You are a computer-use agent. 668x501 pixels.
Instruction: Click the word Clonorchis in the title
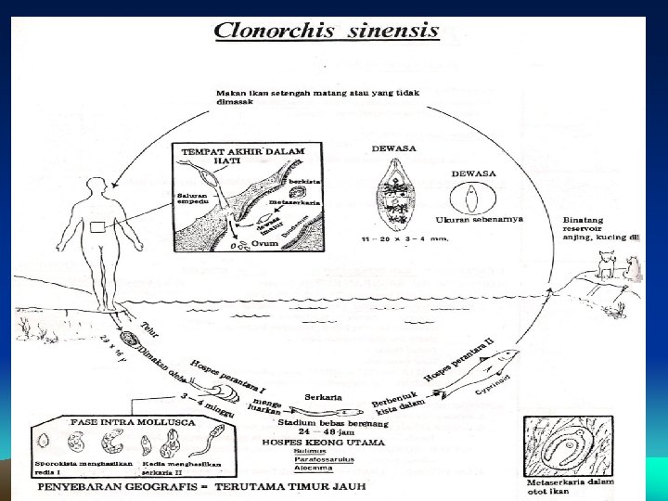click(268, 30)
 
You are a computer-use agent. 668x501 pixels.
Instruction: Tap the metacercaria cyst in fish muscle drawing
click(562, 449)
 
